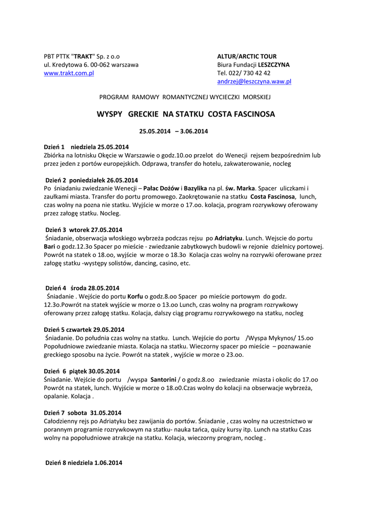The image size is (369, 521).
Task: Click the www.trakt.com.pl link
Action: pos(69,73)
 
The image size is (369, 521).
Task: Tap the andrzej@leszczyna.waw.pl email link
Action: pos(254,81)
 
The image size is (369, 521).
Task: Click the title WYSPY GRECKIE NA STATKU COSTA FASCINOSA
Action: pos(186,114)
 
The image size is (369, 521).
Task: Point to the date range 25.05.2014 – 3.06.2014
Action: pos(174,131)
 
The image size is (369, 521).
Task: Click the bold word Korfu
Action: pos(135,296)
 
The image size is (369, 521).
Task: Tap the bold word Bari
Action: pos(49,246)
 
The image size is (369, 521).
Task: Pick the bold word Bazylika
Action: pos(195,188)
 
